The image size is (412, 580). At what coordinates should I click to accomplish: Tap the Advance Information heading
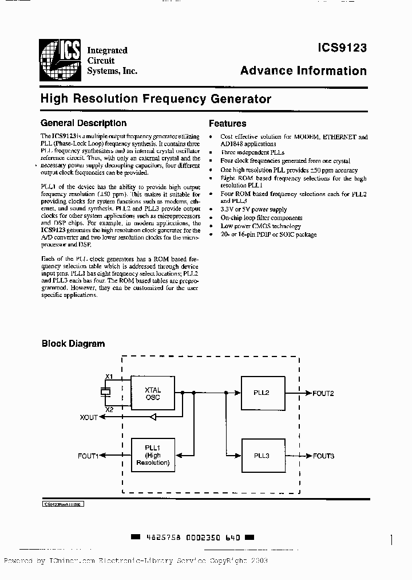pos(303,71)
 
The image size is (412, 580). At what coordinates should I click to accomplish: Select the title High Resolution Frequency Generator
pos(156,99)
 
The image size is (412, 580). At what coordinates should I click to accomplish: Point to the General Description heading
pos(84,123)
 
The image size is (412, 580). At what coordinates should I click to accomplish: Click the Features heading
pos(227,123)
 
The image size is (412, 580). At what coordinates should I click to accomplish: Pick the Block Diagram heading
pos(73,344)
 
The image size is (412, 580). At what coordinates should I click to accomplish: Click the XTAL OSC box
pos(153,393)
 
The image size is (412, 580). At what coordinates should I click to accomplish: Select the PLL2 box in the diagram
pos(262,393)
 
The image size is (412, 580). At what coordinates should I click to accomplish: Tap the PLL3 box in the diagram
pos(262,456)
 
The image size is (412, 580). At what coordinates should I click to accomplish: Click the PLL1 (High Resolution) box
pos(153,456)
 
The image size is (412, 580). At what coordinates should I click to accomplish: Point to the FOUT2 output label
pos(323,393)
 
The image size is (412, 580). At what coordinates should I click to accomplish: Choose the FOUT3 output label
pos(323,456)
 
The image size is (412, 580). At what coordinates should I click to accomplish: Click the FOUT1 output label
pos(88,456)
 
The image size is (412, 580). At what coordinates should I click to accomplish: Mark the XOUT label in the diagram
pos(89,418)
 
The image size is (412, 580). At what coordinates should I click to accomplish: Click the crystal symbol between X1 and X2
pos(104,393)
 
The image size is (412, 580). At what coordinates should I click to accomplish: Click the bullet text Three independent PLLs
pos(252,153)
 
